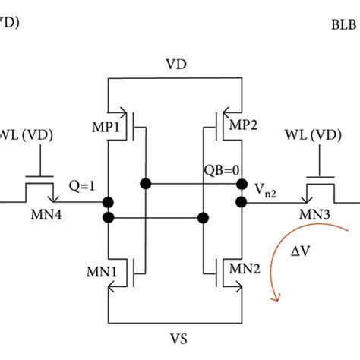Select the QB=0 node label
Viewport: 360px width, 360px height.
tap(219, 172)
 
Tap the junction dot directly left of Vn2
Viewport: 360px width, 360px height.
tap(242, 202)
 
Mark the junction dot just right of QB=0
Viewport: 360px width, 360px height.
tap(242, 185)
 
